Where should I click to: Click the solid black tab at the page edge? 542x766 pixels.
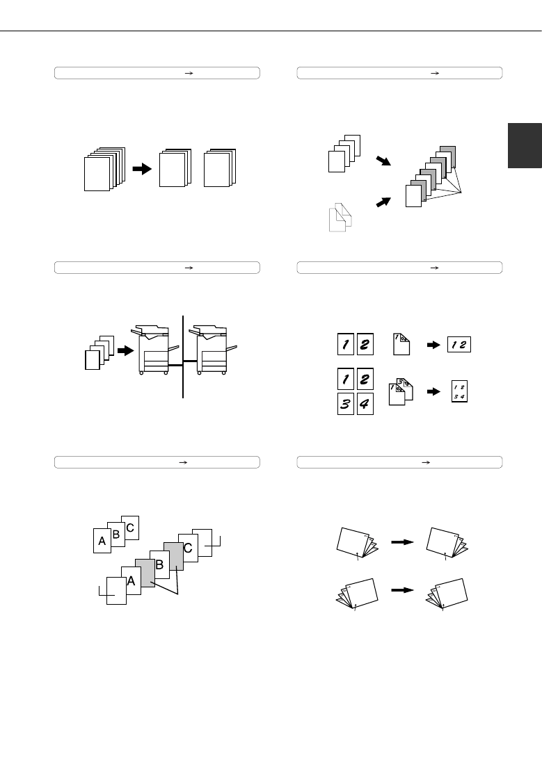coord(525,145)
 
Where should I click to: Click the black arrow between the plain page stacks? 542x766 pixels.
coord(143,168)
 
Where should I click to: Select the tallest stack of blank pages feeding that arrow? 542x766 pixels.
coord(104,169)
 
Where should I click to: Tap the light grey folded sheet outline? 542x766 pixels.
coord(340,218)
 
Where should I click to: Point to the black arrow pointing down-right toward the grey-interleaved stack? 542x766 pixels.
coord(383,161)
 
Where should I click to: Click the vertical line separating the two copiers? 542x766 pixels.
coord(183,357)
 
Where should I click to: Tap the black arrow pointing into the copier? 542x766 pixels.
coord(126,350)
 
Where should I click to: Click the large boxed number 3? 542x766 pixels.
coord(345,404)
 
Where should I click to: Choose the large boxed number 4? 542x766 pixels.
coord(365,404)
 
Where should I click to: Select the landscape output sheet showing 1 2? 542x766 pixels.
coord(459,344)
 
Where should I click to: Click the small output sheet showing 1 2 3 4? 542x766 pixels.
coord(459,391)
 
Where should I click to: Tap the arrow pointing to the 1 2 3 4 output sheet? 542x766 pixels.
coord(434,391)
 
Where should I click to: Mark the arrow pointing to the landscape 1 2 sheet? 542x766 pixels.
coord(434,345)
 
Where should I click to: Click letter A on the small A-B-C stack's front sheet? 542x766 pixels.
coord(102,541)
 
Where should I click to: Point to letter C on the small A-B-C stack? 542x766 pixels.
coord(130,528)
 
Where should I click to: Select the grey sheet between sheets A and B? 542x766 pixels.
coord(145,573)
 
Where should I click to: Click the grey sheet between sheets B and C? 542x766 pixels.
coord(174,556)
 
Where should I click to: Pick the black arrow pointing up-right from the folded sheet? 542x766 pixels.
coord(383,202)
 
